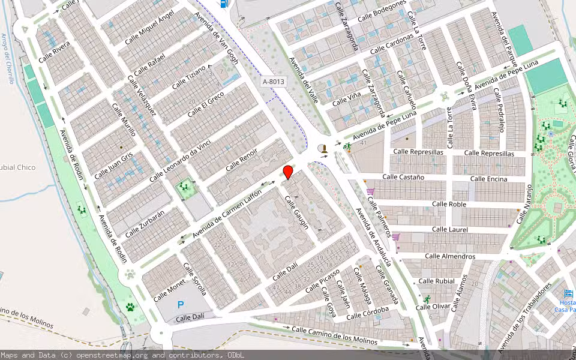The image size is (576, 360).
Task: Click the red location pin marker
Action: point(288,172)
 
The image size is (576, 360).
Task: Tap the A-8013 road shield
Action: point(273,80)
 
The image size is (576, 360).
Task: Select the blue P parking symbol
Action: point(180,305)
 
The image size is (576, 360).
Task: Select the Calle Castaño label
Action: point(403,177)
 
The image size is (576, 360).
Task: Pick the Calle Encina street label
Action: point(488,179)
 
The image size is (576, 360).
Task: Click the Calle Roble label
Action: point(449,204)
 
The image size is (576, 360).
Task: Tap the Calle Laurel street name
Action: point(449,229)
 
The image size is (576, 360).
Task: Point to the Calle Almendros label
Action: point(450,256)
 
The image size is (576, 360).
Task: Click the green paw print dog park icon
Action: point(130,307)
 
